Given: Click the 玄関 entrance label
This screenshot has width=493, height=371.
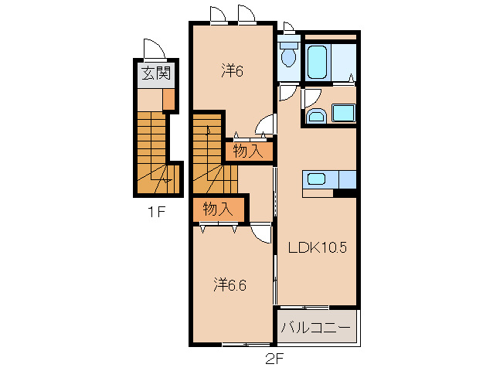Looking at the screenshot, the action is [156, 73].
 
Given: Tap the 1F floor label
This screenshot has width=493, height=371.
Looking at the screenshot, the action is [156, 213].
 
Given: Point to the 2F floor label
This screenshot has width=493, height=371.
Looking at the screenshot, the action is [275, 359].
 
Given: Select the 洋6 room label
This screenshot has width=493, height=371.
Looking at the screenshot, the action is [233, 70].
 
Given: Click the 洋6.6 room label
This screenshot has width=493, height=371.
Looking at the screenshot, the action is [230, 285].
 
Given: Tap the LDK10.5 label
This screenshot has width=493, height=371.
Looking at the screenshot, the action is [318, 248].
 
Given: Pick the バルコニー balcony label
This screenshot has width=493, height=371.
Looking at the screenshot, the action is [316, 328].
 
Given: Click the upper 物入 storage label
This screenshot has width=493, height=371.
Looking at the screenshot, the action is [248, 151].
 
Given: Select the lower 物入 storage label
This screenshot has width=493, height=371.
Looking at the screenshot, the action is [218, 209].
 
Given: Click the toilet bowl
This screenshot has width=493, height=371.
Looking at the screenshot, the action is [289, 55].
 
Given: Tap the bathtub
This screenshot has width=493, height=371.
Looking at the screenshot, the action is [317, 63].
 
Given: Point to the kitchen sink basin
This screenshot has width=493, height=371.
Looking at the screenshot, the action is [316, 179].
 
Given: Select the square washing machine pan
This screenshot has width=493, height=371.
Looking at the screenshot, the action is [344, 113].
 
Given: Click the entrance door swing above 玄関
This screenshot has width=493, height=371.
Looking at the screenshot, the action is [155, 49].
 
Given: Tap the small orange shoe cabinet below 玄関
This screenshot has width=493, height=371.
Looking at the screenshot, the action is [168, 99].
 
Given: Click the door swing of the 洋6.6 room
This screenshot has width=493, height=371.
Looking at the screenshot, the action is [262, 233].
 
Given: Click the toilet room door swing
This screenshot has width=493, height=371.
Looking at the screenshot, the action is [287, 93].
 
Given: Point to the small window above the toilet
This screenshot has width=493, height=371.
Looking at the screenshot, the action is [289, 28].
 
